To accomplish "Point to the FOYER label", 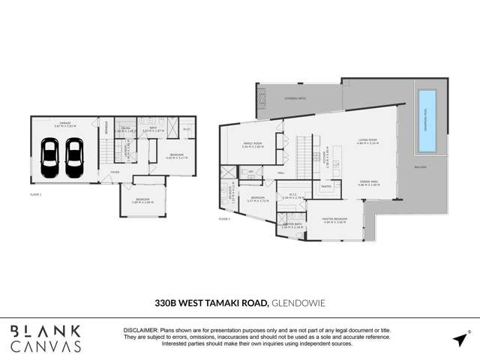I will click(x=115, y=172).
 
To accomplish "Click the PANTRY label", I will click(x=326, y=185).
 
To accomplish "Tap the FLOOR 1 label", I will click(x=36, y=193).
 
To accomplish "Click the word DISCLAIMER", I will click(x=139, y=331).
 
